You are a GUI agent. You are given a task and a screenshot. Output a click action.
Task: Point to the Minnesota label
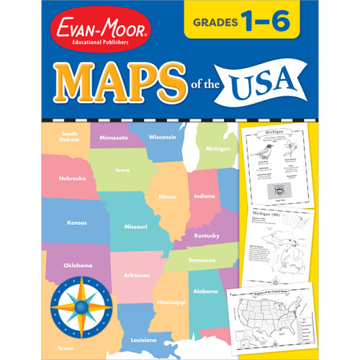113,138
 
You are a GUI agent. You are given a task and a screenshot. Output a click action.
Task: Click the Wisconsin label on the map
163,137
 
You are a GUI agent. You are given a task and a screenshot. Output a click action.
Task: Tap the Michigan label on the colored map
217,148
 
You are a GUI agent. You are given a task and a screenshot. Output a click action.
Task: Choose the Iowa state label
122,170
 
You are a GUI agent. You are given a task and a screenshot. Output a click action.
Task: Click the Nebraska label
72,178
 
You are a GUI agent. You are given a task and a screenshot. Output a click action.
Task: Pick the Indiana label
204,196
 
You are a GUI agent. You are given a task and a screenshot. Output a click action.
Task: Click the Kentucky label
207,235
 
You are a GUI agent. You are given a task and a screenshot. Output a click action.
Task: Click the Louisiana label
144,338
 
